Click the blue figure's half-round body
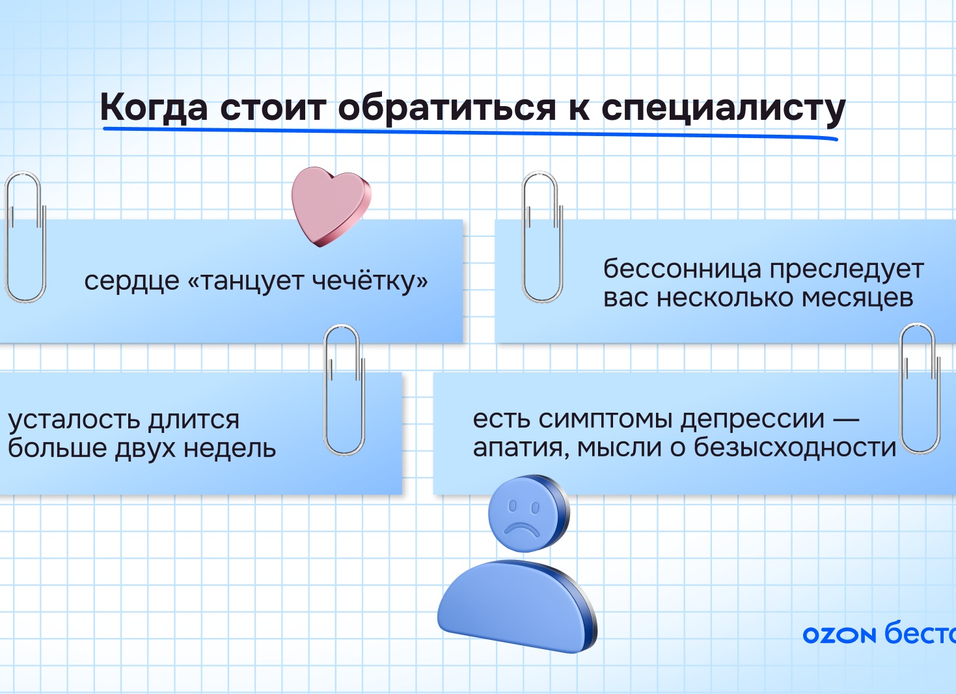[514, 605]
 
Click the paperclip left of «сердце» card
[25, 238]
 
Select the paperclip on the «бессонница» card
[542, 238]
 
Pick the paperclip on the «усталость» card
[344, 391]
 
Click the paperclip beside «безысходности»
[920, 389]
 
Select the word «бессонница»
[682, 268]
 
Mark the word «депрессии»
[752, 419]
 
